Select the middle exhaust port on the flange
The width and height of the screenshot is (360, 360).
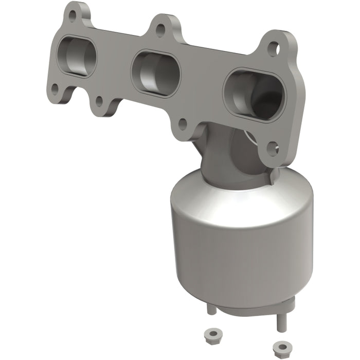coord(155,74)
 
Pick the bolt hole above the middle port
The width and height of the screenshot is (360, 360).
coord(161,30)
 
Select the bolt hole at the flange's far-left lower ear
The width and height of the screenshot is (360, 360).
coord(55,93)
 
